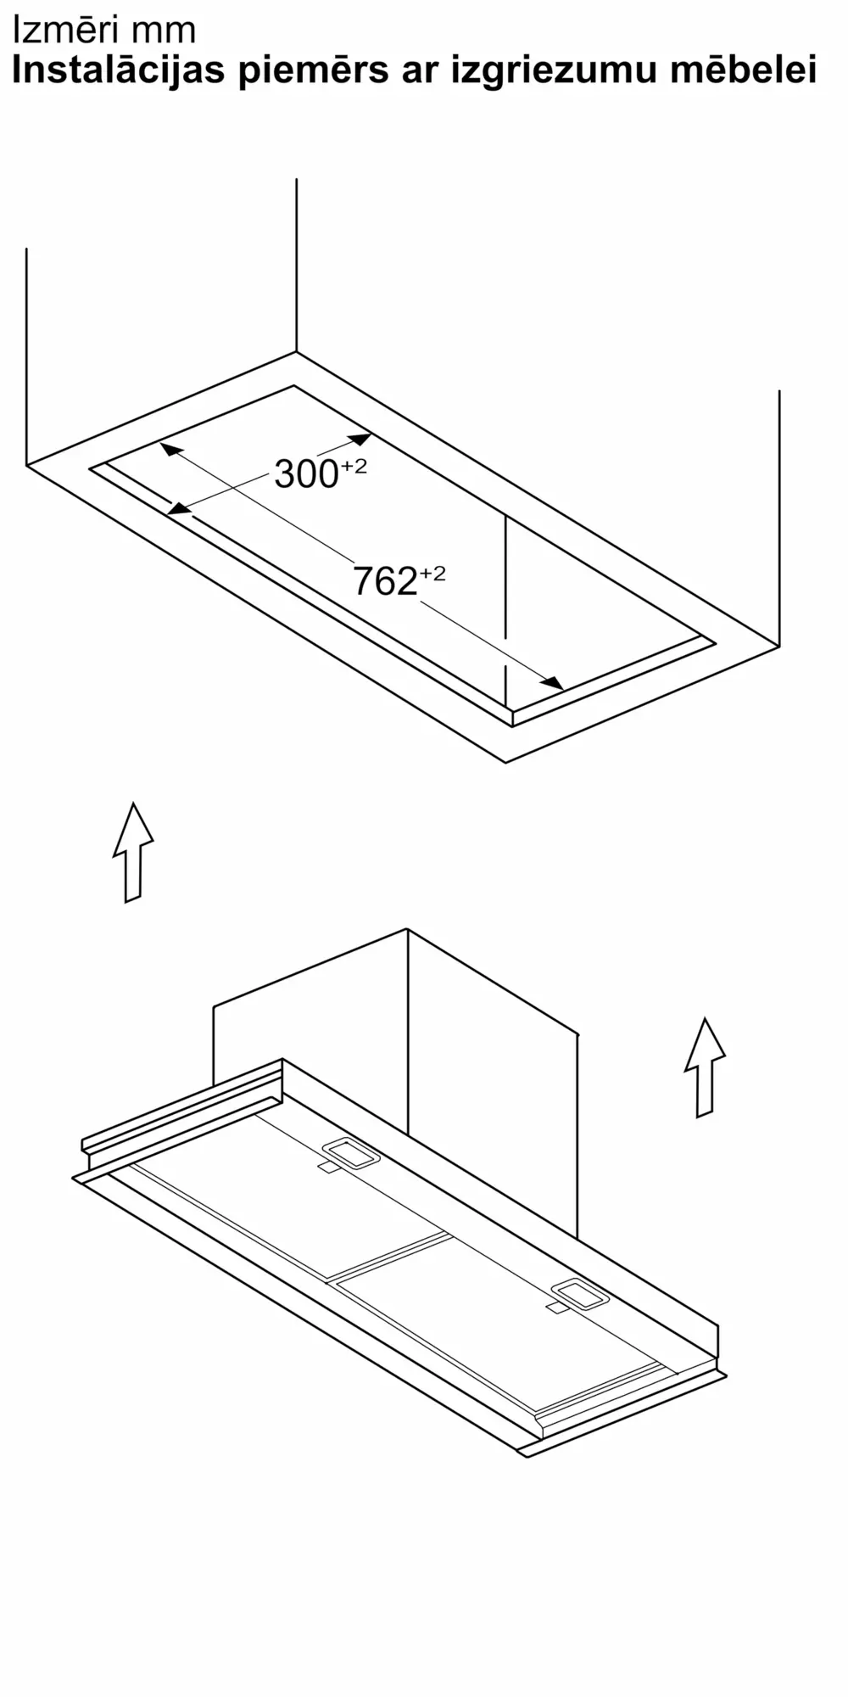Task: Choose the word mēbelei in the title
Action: [744, 70]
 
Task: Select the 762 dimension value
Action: [385, 581]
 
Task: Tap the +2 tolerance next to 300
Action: [354, 465]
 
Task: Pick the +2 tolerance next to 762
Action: [432, 574]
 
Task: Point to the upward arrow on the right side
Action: [705, 1067]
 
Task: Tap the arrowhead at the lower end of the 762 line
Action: [554, 683]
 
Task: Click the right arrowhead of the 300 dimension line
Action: [361, 439]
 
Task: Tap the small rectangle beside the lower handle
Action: [556, 1308]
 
